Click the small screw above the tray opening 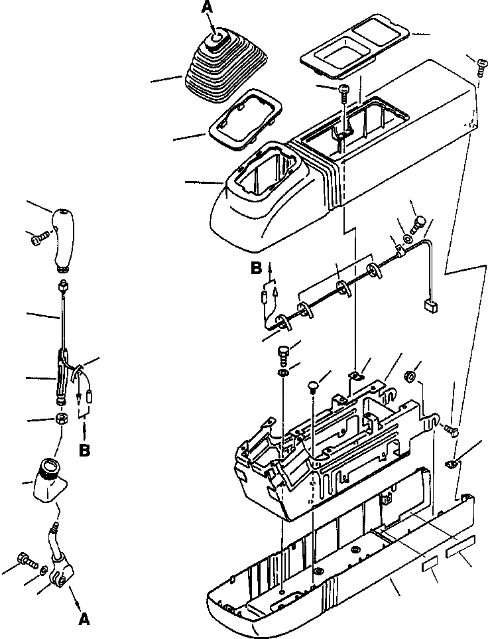coord(343,90)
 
